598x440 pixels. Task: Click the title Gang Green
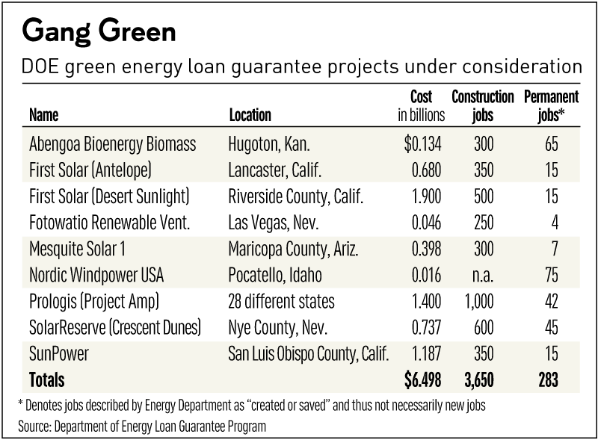point(99,32)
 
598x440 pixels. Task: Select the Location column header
point(250,115)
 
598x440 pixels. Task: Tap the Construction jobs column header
point(482,106)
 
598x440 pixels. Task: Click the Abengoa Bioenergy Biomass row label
point(102,144)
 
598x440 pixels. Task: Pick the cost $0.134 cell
point(424,144)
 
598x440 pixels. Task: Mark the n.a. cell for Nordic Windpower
point(483,275)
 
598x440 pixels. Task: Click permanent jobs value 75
point(551,275)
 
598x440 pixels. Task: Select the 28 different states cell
point(281,301)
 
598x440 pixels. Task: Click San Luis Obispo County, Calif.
point(309,354)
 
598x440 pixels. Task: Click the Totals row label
point(46,380)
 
